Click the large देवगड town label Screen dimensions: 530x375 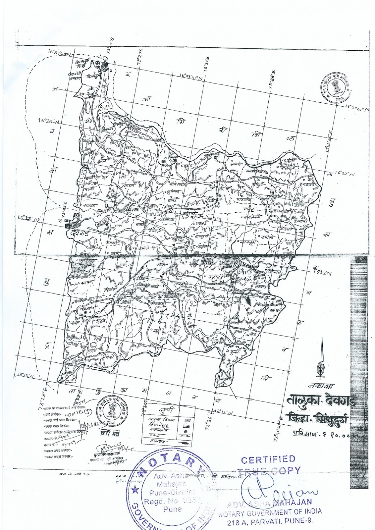[x=82, y=234]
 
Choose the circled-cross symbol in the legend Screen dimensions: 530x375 [x=186, y=431]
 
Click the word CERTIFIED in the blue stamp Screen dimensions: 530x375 [x=268, y=459]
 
